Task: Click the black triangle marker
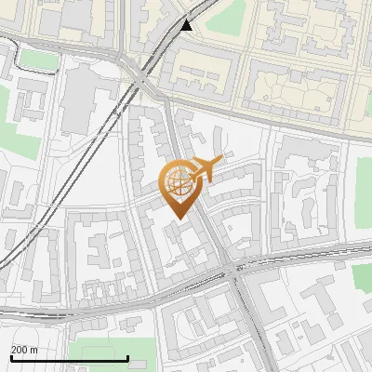click(188, 25)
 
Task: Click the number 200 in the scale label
click(20, 349)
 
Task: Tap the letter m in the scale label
click(34, 349)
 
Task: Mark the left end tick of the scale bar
click(11, 357)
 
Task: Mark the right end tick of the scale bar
click(127, 357)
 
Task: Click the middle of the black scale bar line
click(70, 358)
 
